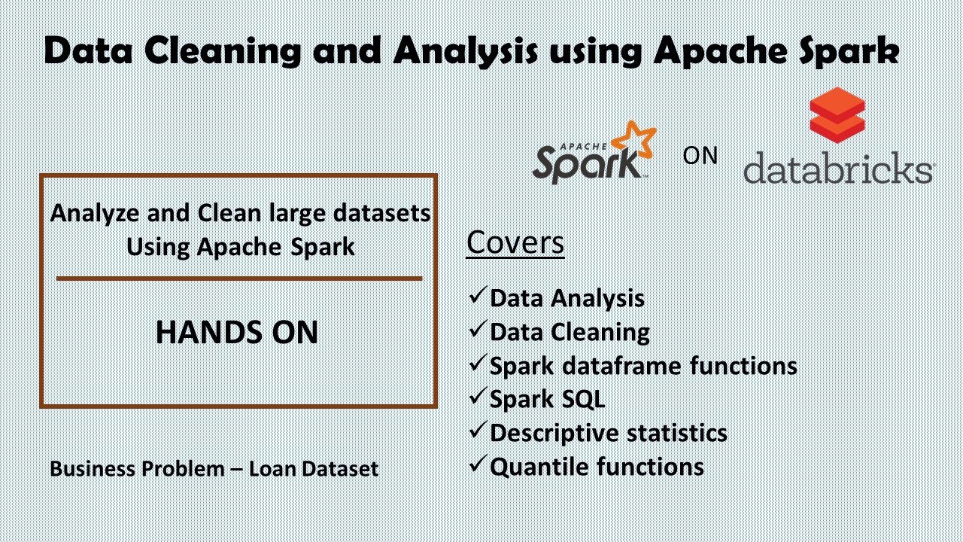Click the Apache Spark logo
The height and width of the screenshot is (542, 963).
(591, 154)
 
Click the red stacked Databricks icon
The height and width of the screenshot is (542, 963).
(837, 117)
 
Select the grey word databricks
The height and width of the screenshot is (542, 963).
(837, 168)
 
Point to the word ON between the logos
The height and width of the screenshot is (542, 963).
(700, 156)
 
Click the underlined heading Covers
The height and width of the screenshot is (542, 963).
(515, 242)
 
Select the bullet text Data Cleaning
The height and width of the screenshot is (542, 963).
(570, 332)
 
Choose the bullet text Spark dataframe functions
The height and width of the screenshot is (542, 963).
(643, 366)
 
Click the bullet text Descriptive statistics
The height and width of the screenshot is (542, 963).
(608, 433)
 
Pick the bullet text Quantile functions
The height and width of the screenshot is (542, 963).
(597, 467)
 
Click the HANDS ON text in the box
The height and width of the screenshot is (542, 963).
(237, 333)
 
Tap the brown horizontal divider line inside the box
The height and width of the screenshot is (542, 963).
(239, 278)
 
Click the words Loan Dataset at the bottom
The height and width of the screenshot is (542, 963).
(314, 469)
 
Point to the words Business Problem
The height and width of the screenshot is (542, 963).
(137, 469)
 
